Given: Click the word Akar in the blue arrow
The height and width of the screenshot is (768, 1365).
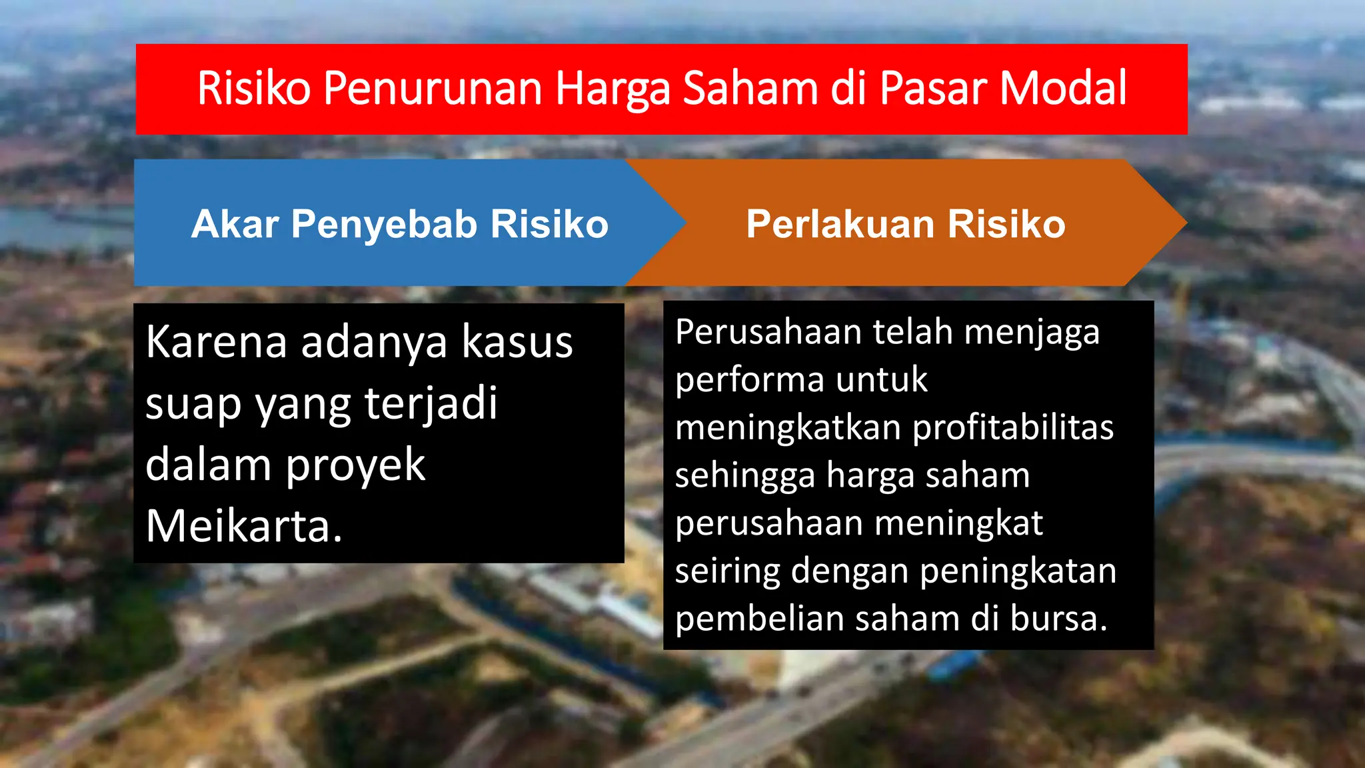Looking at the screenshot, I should pos(235,224).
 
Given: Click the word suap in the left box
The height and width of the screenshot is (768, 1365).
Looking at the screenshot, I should pos(193,405).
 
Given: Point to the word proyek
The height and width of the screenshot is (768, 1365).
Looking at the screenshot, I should pos(355,465).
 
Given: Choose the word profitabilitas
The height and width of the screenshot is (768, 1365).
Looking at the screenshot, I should pos(1012,427).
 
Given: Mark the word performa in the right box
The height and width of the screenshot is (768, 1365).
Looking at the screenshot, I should pos(749,381).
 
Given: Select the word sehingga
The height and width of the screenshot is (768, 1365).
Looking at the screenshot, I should pos(745,476).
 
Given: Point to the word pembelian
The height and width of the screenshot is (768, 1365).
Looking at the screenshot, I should pos(760,619).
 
